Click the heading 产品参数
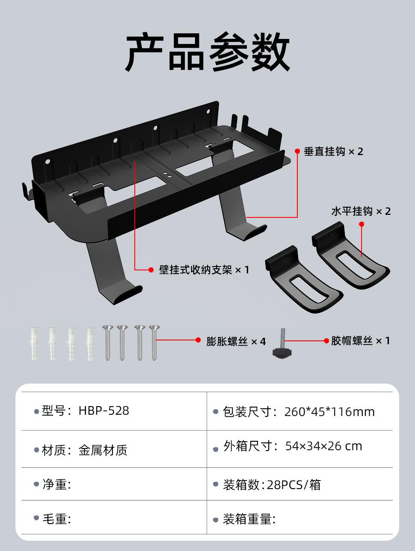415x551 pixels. coord(207,53)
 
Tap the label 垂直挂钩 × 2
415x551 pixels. coord(333,152)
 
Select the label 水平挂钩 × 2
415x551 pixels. coord(361,211)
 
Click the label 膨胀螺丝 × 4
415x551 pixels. coord(236,341)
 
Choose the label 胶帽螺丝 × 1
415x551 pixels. coord(360,341)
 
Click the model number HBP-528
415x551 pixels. coord(104,411)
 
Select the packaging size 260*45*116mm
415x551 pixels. coord(329,412)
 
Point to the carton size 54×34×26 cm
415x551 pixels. coord(323,446)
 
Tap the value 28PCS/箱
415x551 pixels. coord(294,485)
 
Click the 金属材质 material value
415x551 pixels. coord(103,450)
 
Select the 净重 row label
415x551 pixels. coord(56,484)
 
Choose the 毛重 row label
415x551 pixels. coord(56,519)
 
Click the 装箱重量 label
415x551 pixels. coord(249,519)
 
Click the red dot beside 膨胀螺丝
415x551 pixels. coord(198,340)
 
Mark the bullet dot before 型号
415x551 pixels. coord(36,412)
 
